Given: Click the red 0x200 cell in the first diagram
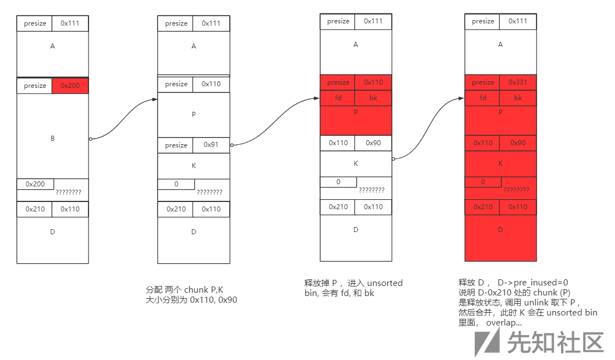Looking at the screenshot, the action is (70, 86).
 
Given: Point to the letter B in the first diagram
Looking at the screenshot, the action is (52, 138).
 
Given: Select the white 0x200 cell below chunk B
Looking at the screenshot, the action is (35, 184).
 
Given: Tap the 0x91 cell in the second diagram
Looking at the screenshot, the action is (211, 145).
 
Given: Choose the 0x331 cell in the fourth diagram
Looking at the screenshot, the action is (518, 82).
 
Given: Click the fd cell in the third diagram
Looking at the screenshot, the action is (337, 98).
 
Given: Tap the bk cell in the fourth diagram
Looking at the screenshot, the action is (518, 98).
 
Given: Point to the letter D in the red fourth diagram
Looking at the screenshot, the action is (500, 229).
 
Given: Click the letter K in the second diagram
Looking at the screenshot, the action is (194, 166).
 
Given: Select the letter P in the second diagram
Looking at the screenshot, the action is (194, 115).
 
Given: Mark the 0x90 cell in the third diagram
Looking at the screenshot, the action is (373, 142).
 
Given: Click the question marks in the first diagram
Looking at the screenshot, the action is (68, 192).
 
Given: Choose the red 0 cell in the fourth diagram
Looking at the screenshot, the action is (483, 182).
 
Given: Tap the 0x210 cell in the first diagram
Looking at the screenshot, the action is (35, 209).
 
